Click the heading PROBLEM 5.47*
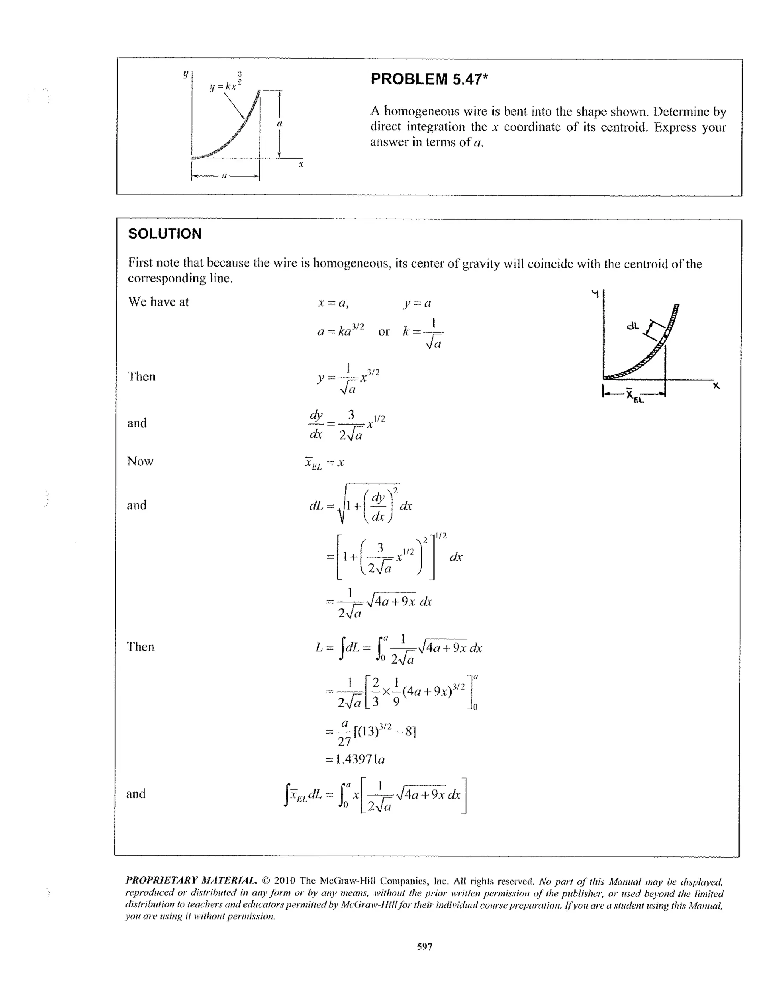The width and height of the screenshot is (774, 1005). pyautogui.click(x=429, y=79)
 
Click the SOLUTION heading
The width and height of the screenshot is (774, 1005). pyautogui.click(x=165, y=234)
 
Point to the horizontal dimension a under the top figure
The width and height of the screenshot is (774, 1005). pyautogui.click(x=224, y=176)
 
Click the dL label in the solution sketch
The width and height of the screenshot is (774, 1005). pyautogui.click(x=633, y=326)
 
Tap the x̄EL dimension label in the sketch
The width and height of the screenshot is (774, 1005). pyautogui.click(x=634, y=395)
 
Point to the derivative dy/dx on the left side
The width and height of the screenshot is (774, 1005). pyautogui.click(x=316, y=424)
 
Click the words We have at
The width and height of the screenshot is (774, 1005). pyautogui.click(x=159, y=302)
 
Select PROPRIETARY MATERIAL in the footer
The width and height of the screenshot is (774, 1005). pyautogui.click(x=191, y=881)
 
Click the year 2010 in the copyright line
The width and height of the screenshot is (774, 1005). pyautogui.click(x=284, y=881)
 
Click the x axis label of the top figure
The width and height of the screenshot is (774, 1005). pyautogui.click(x=301, y=164)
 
